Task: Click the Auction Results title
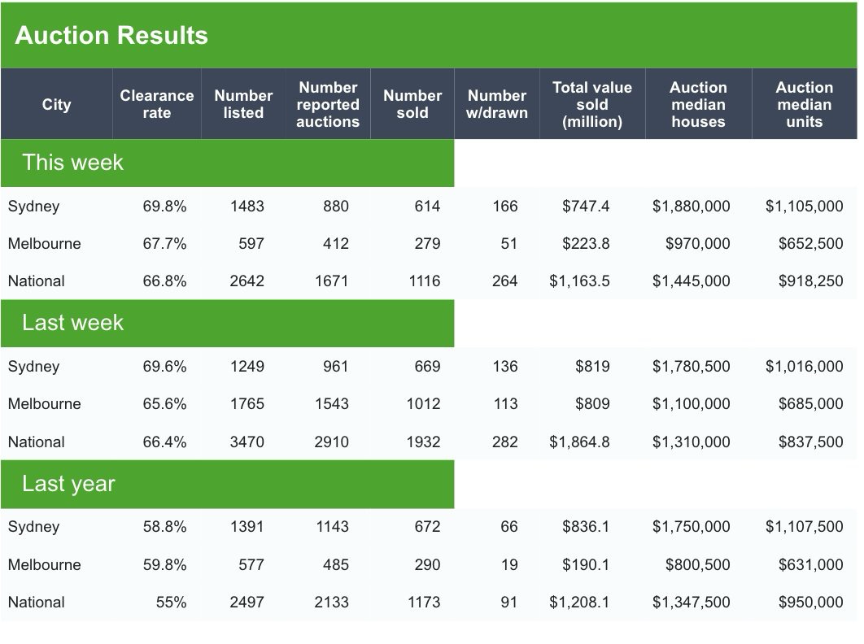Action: coord(111,36)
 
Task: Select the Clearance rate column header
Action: coord(157,104)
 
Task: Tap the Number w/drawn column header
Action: coord(496,104)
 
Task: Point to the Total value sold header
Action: coord(592,104)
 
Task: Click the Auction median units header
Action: coord(804,104)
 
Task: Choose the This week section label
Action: coord(73,163)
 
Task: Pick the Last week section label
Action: coord(73,323)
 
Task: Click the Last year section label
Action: coord(69,484)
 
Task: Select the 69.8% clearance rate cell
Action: coord(164,207)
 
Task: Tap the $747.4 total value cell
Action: coord(586,207)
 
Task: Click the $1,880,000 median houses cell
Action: coord(691,207)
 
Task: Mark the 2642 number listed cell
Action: coord(247,281)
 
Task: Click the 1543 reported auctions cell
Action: coord(331,404)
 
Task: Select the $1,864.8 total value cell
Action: coord(579,442)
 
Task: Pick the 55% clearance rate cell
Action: coord(171,603)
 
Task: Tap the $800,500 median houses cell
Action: coord(697,565)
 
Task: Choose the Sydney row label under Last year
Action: coord(33,527)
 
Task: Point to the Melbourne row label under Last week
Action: coord(44,404)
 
